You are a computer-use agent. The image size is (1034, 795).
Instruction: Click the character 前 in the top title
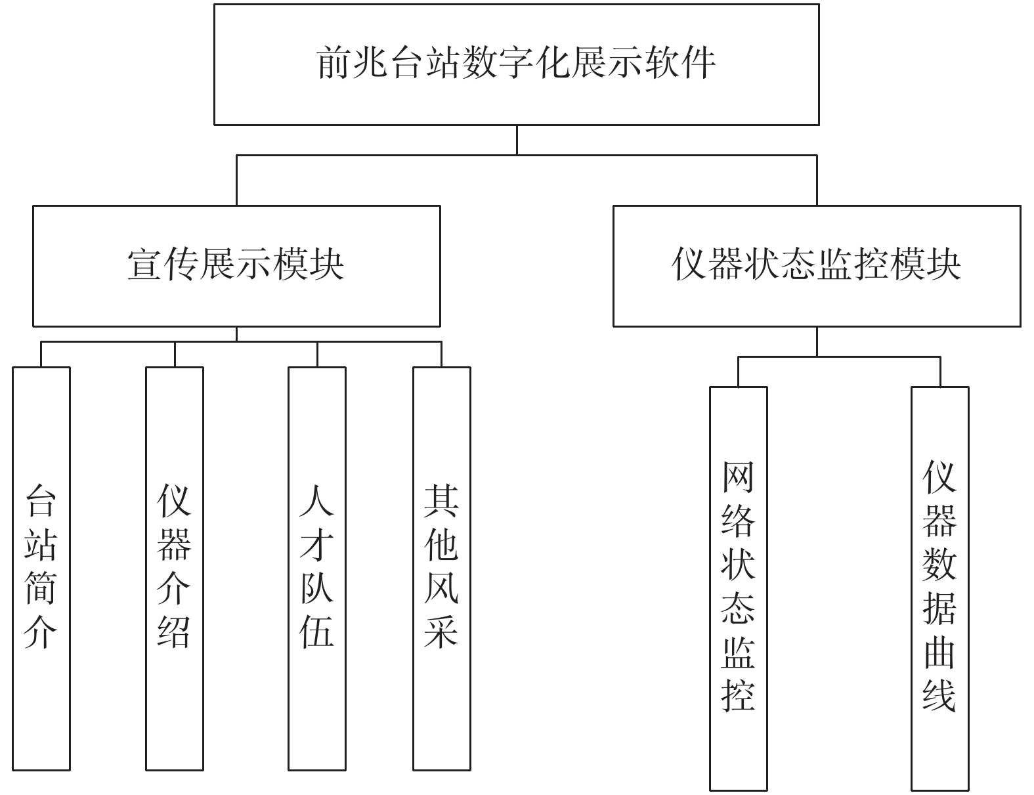pyautogui.click(x=334, y=62)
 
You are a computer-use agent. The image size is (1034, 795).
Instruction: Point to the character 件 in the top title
pyautogui.click(x=699, y=62)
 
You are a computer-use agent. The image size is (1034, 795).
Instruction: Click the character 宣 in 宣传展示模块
pyautogui.click(x=145, y=264)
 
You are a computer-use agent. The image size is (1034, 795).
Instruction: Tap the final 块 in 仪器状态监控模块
pyautogui.click(x=944, y=264)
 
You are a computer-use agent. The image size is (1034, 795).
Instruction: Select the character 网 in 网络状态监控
pyautogui.click(x=739, y=478)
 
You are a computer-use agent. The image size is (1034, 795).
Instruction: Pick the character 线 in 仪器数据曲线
pyautogui.click(x=939, y=696)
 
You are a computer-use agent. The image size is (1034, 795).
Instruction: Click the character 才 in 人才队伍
pyautogui.click(x=317, y=546)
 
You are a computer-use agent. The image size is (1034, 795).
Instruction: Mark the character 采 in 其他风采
pyautogui.click(x=442, y=633)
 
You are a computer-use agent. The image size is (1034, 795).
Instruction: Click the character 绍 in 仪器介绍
pyautogui.click(x=175, y=633)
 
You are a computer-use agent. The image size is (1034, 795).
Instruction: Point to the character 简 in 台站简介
pyautogui.click(x=41, y=589)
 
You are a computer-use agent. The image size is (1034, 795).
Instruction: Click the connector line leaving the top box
pyautogui.click(x=517, y=140)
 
